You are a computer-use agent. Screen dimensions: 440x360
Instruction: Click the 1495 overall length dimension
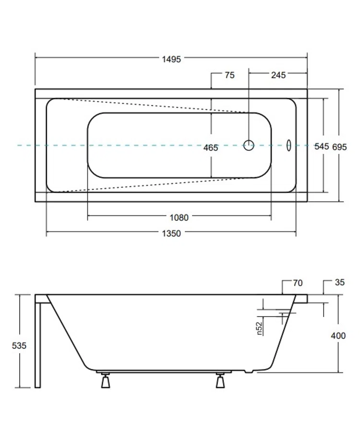click(x=171, y=59)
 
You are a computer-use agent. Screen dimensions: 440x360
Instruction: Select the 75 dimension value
click(x=229, y=75)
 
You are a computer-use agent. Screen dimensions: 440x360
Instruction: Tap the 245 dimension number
click(x=278, y=75)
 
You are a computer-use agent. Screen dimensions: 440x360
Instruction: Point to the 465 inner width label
click(x=210, y=148)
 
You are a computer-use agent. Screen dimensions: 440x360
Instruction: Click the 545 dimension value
click(x=321, y=147)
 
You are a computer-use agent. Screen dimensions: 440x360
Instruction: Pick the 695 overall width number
click(x=339, y=147)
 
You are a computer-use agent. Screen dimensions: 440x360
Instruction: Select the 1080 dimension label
click(x=179, y=217)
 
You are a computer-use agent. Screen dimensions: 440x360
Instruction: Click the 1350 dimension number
click(x=171, y=233)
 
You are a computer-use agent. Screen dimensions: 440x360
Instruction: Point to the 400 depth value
click(x=338, y=336)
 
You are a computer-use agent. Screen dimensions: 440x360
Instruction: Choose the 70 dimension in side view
click(x=298, y=283)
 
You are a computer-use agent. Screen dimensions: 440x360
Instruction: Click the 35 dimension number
click(x=339, y=283)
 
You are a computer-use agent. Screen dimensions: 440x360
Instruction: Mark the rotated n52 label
click(x=259, y=327)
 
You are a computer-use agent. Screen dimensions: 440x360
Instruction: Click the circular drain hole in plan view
click(x=248, y=145)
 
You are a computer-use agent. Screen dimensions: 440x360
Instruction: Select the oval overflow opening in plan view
click(x=289, y=145)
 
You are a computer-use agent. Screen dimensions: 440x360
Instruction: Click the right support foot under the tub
click(x=220, y=381)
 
